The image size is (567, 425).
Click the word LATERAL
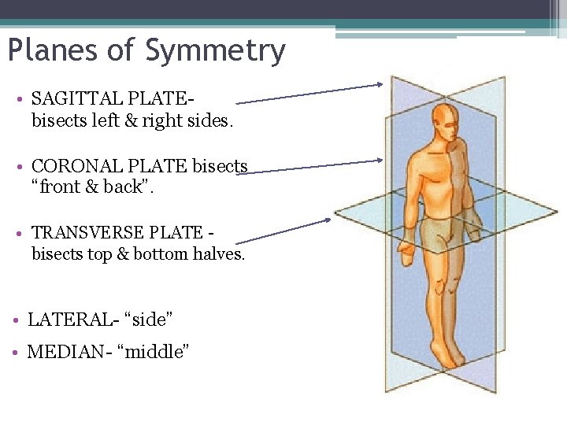66,320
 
